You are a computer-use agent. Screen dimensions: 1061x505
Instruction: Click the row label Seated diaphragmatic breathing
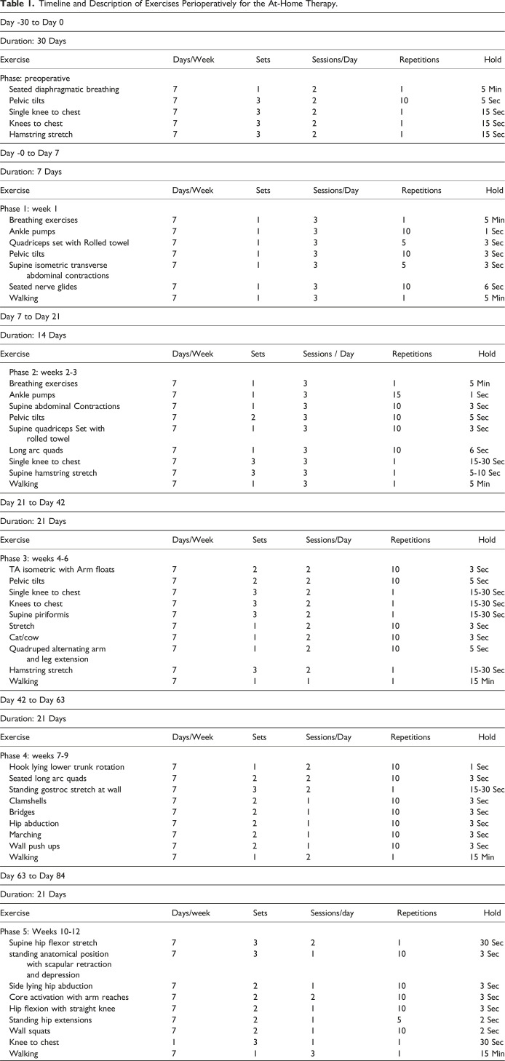point(64,89)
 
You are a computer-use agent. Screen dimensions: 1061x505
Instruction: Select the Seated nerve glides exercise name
point(45,287)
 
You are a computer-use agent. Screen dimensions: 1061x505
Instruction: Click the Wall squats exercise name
point(32,1030)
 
